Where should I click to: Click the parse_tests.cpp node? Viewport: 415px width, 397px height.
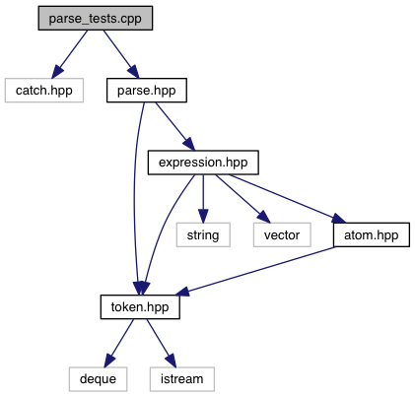(x=96, y=18)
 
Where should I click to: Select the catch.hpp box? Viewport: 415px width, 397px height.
(x=44, y=91)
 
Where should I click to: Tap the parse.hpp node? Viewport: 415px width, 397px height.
(x=147, y=91)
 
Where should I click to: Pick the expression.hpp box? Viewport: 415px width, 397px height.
(x=203, y=163)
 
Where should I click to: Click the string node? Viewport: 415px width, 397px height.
(x=203, y=234)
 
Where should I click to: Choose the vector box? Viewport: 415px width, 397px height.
(x=282, y=234)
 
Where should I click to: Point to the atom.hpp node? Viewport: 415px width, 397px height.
(x=372, y=234)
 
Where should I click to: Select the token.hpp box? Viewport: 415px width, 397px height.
(x=140, y=307)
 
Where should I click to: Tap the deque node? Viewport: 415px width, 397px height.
(x=98, y=379)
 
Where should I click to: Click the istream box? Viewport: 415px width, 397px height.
(x=182, y=379)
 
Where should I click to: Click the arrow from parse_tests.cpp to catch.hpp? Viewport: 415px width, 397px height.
(x=70, y=54)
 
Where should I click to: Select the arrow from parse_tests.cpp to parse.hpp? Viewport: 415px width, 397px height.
(x=121, y=54)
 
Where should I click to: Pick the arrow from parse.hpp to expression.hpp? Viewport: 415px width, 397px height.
(x=175, y=126)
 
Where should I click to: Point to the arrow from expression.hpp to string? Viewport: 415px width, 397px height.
(x=203, y=199)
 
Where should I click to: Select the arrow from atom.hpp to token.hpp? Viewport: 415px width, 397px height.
(x=256, y=271)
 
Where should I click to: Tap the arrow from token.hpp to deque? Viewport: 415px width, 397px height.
(x=119, y=343)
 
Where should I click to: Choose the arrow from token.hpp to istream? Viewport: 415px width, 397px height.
(x=162, y=343)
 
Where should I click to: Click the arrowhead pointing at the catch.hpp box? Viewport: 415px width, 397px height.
(x=57, y=71)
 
